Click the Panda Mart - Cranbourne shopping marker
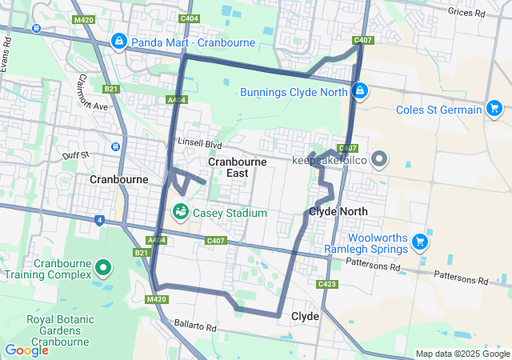pos(119,40)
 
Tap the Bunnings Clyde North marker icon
pos(361,91)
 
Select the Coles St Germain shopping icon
pos(494,110)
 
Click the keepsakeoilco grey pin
pos(378,160)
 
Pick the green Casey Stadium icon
pos(181,212)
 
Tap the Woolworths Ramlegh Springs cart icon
pos(418,240)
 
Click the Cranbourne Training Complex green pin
pos(102,267)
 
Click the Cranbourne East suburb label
pos(238,167)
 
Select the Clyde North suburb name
pos(338,211)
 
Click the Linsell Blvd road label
pos(199,144)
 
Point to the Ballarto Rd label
pos(195,327)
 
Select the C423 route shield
pos(326,284)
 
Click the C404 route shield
pos(190,18)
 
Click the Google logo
pos(26,350)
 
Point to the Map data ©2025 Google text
pos(462,354)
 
